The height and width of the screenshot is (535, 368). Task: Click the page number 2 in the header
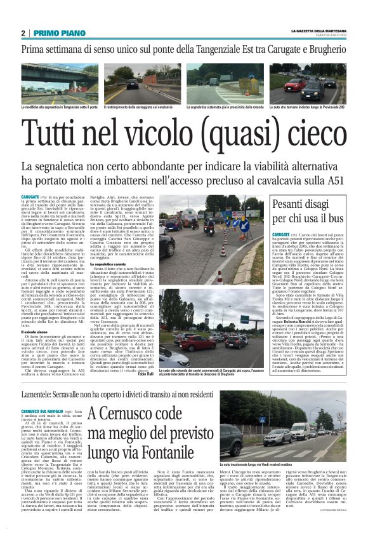[x=23, y=33]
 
